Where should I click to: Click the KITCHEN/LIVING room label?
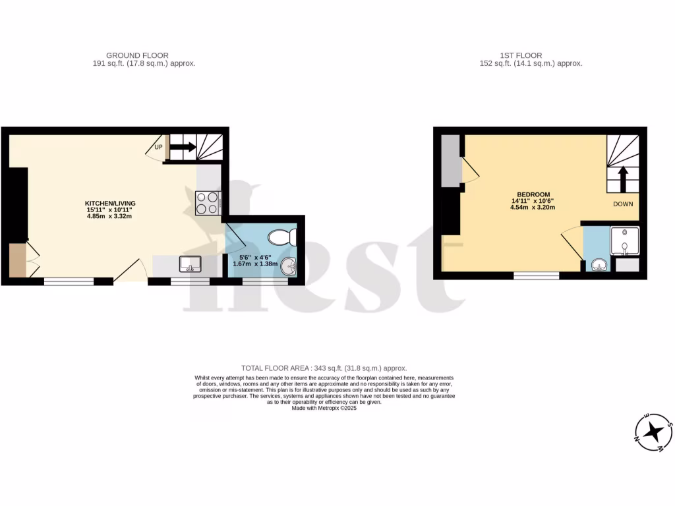(x=109, y=202)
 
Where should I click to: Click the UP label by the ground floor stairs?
(x=158, y=147)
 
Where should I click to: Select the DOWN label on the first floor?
(x=623, y=204)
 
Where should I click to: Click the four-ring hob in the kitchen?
(x=208, y=203)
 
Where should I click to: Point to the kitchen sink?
(x=190, y=264)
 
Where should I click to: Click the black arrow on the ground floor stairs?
(x=184, y=147)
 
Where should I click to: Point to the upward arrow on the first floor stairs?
(x=623, y=178)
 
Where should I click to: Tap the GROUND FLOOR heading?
(x=137, y=55)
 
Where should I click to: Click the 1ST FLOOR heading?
(x=521, y=55)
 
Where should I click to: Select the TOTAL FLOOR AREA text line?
(x=324, y=368)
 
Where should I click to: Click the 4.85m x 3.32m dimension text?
(x=109, y=215)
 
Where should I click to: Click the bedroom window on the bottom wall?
(x=536, y=275)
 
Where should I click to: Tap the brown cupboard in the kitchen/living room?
(x=17, y=260)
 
